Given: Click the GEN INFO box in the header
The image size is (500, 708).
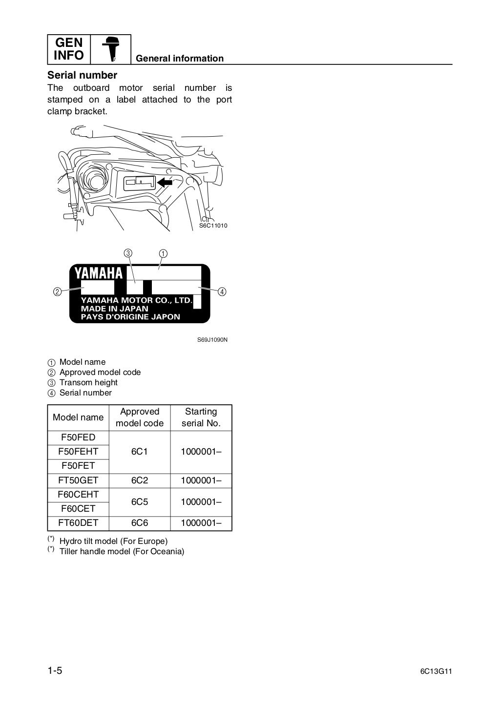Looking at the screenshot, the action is pyautogui.click(x=69, y=49).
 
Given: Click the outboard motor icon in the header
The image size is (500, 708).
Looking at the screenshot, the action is pyautogui.click(x=111, y=49).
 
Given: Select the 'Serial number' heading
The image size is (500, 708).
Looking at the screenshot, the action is pyautogui.click(x=82, y=75).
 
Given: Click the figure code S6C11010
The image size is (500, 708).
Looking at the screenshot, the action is pyautogui.click(x=213, y=226).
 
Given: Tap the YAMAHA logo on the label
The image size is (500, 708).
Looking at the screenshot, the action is pyautogui.click(x=101, y=272).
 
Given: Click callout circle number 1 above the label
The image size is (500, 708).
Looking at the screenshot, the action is pyautogui.click(x=163, y=253).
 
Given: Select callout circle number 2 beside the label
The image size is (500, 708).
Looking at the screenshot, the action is pyautogui.click(x=58, y=292).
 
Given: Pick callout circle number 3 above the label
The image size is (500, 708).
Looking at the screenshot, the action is pyautogui.click(x=127, y=253).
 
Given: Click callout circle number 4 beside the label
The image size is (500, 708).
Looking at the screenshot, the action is pyautogui.click(x=222, y=292).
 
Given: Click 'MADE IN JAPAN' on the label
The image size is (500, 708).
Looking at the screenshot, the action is pyautogui.click(x=114, y=309).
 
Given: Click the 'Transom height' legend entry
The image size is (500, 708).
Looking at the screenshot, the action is pyautogui.click(x=88, y=382).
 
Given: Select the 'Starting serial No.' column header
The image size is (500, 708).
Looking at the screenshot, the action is pyautogui.click(x=201, y=417).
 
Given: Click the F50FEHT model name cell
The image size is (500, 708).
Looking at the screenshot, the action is pyautogui.click(x=78, y=452).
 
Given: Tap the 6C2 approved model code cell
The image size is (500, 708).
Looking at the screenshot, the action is pyautogui.click(x=139, y=480).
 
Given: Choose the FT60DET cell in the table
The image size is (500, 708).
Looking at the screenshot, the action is pyautogui.click(x=78, y=523).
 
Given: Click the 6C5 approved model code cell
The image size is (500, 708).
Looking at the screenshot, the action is pyautogui.click(x=139, y=501).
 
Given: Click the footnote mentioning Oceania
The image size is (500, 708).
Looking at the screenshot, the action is pyautogui.click(x=122, y=552).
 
